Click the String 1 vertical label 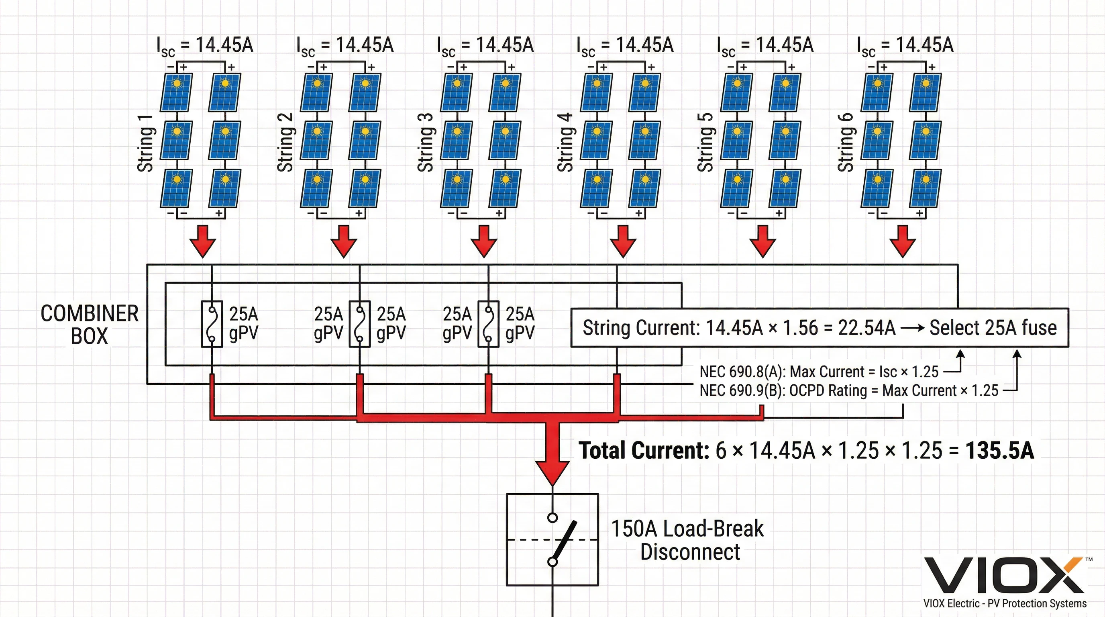coord(145,143)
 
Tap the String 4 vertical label coord(565,143)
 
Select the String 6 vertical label coord(846,143)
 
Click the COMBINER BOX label coord(89,325)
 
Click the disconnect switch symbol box coord(552,539)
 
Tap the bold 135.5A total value coord(999,451)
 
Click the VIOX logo coord(1004,575)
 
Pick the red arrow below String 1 coord(203,241)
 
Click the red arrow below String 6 coord(903,241)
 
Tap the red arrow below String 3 coord(484,241)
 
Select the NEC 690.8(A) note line coord(818,372)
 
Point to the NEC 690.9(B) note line coord(848,390)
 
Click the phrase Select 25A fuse coord(993,328)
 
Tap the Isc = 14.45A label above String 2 coord(345,45)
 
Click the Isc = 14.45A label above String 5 coord(765,45)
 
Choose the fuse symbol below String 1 coord(212,324)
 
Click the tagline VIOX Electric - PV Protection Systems coord(1005,603)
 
